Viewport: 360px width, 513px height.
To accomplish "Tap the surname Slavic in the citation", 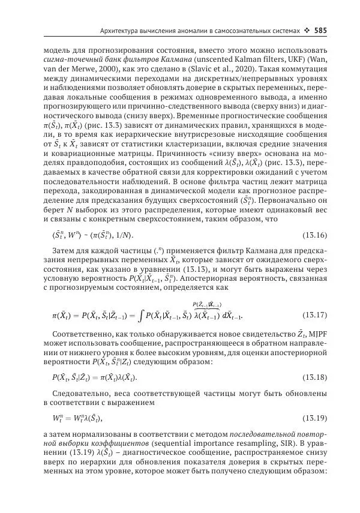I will (219, 70).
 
